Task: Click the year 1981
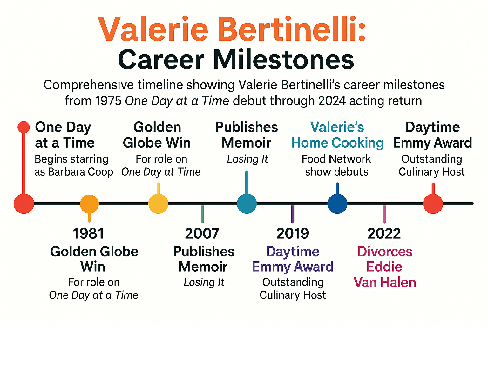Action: pos(89,233)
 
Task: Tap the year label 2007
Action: pos(202,233)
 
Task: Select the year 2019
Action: pos(293,233)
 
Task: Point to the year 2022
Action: pos(384,233)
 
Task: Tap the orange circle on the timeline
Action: pos(89,204)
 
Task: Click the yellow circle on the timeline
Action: pos(158,204)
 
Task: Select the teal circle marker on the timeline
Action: pos(247,204)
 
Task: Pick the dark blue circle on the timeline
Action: pos(337,204)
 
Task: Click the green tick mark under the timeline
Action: pos(202,214)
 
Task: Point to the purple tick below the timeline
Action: pos(293,214)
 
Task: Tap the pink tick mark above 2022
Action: pos(384,214)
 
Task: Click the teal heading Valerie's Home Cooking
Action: pos(337,135)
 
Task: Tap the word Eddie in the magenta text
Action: pos(384,267)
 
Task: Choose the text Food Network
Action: pos(336,159)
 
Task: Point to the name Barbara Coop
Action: pos(80,172)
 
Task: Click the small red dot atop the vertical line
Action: pos(24,127)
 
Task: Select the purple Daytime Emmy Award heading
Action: pos(293,259)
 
